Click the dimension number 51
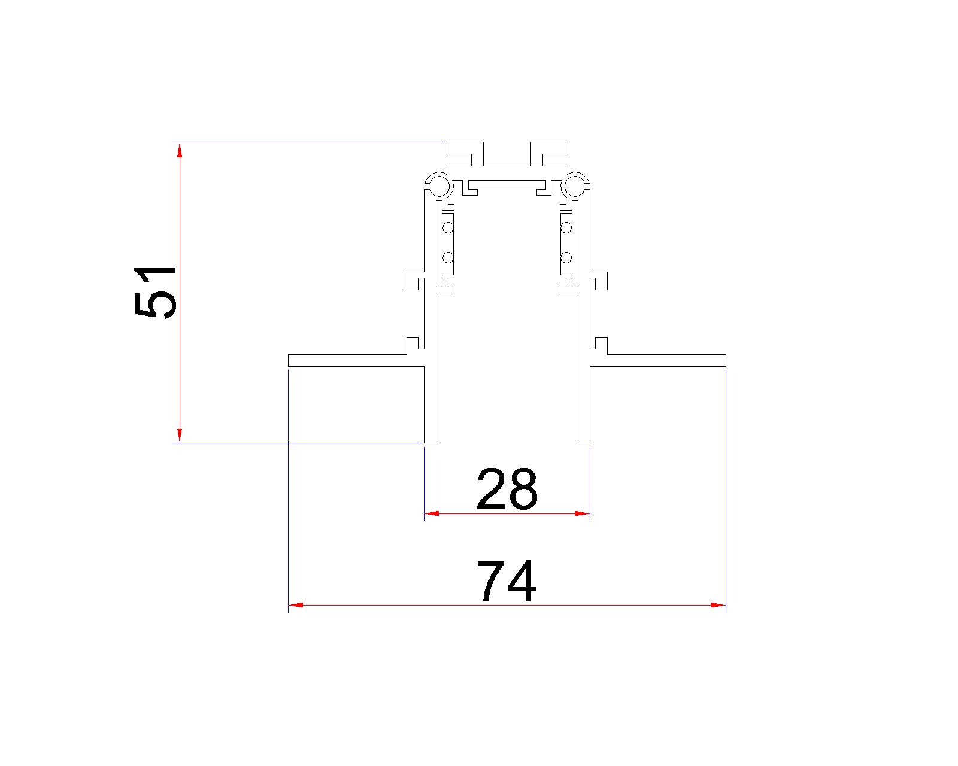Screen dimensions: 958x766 [155, 293]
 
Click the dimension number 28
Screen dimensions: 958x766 [507, 489]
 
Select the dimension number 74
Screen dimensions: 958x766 [507, 580]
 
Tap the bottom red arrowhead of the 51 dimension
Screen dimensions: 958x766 [180, 435]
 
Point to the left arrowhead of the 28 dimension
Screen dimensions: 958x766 [431, 513]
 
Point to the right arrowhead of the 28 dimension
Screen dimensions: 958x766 [582, 513]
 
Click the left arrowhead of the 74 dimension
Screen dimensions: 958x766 [296, 606]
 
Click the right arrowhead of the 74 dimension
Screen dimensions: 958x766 [718, 606]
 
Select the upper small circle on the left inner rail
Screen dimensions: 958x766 [448, 229]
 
